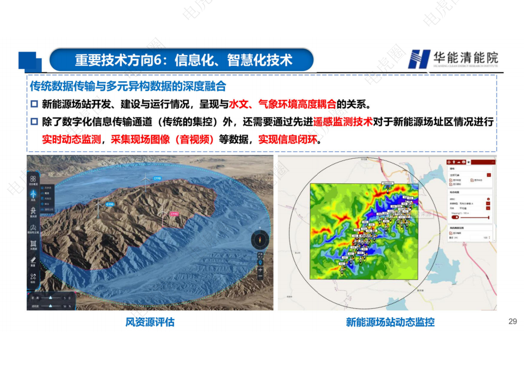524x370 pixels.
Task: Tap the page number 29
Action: (512, 321)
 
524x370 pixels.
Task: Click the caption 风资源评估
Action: (150, 322)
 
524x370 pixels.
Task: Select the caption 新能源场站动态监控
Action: (390, 322)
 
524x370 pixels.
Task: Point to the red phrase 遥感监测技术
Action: (343, 122)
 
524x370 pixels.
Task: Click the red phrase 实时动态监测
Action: (71, 140)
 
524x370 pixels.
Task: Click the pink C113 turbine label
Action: (174, 214)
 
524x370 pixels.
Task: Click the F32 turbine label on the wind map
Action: (341, 264)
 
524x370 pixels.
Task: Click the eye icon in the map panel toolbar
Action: (468, 162)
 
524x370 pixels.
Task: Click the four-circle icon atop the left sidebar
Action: (33, 179)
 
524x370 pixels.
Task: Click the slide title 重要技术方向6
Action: (183, 60)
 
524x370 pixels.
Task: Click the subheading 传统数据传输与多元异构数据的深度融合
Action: (128, 87)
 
